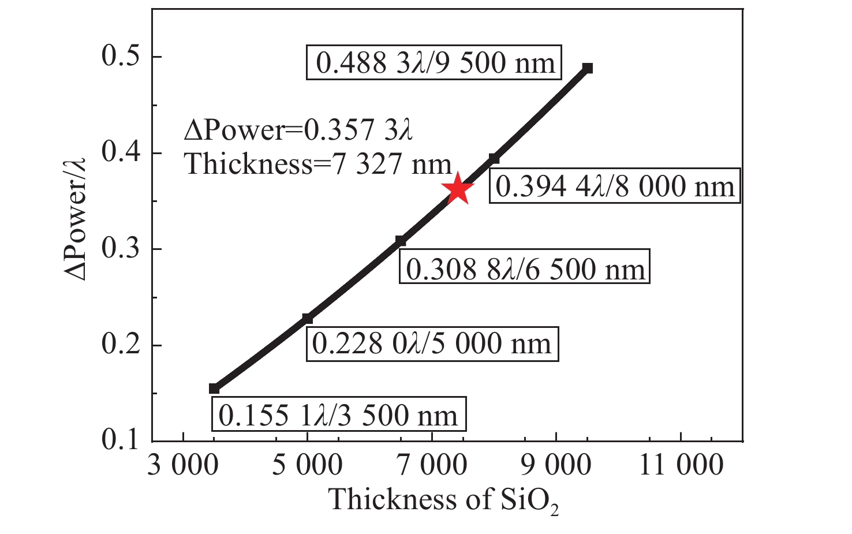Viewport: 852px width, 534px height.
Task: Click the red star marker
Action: tap(458, 189)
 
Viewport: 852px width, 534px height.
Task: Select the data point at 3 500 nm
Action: tap(214, 389)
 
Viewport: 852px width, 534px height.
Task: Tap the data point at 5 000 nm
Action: tap(307, 319)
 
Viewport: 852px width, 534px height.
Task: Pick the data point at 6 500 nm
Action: tap(400, 241)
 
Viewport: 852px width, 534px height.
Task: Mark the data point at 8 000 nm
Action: tap(494, 158)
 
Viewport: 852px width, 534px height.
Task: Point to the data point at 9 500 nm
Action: tap(587, 68)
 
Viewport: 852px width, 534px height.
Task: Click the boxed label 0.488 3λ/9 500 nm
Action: tap(434, 62)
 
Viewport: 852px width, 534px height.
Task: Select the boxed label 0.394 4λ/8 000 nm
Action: tap(614, 186)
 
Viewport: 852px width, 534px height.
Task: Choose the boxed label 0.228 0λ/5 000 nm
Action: tap(432, 344)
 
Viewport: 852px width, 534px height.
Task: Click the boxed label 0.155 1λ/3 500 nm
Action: tap(339, 414)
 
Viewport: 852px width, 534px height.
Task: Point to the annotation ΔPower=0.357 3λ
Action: tap(299, 130)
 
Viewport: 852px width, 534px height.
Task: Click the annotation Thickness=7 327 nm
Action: tap(318, 165)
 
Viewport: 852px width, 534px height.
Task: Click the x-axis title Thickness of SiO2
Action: tap(443, 500)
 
